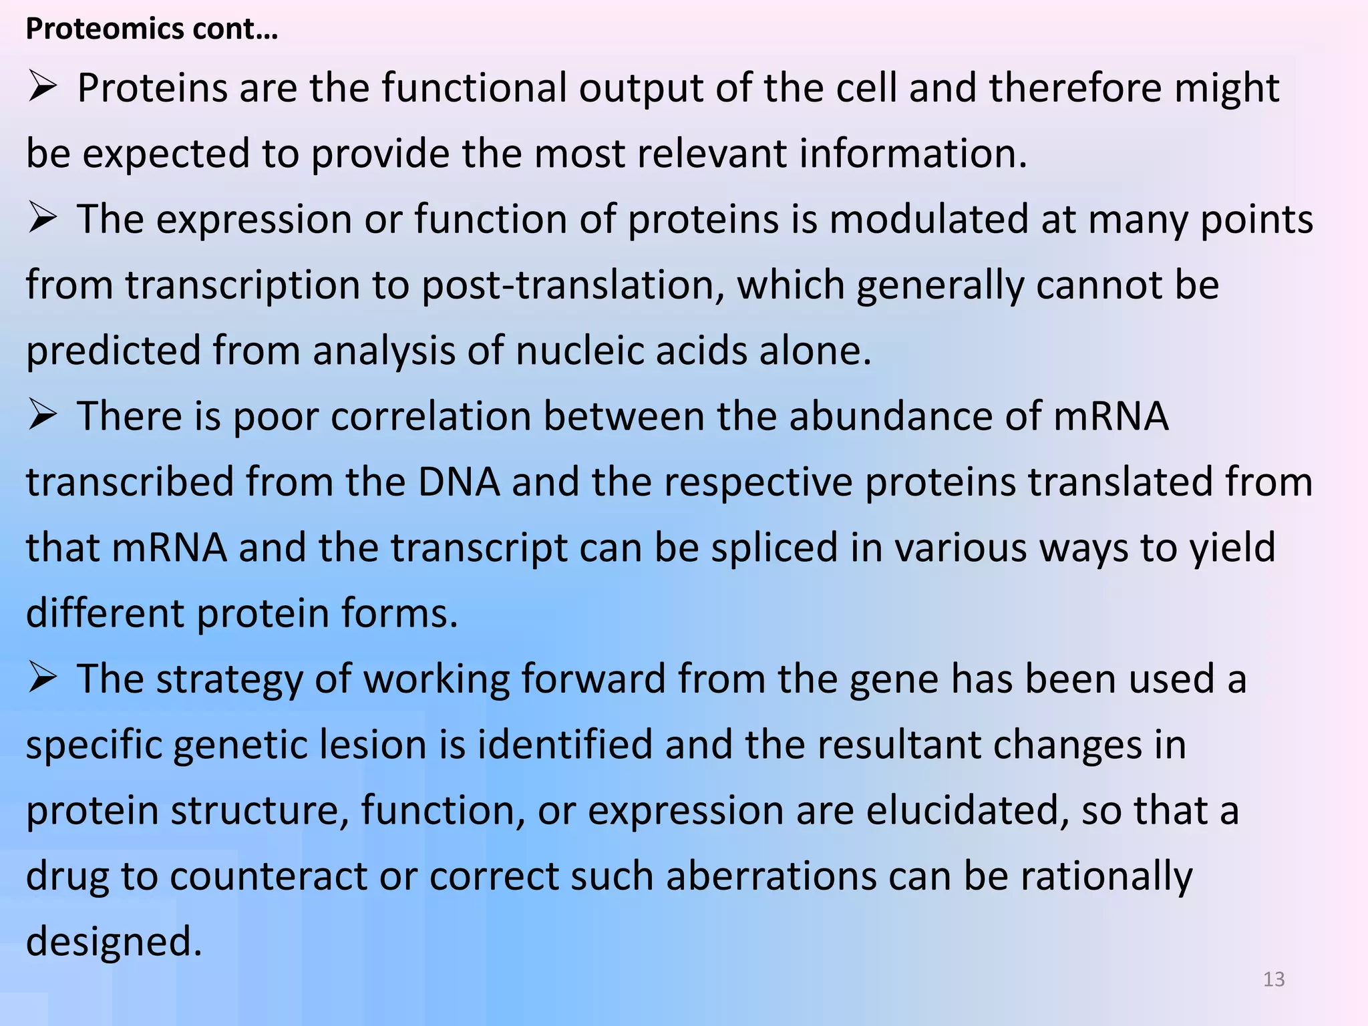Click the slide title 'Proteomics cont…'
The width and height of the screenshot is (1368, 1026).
[151, 29]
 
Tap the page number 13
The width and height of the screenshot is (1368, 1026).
[1274, 979]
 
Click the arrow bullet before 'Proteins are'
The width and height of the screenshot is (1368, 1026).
[41, 88]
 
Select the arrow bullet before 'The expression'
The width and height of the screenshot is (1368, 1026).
[41, 219]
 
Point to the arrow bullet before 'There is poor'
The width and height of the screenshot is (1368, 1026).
[41, 416]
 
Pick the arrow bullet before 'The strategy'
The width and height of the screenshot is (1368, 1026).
[41, 679]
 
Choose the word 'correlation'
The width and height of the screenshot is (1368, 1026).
[430, 416]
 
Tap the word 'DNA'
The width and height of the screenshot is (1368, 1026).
[459, 482]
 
